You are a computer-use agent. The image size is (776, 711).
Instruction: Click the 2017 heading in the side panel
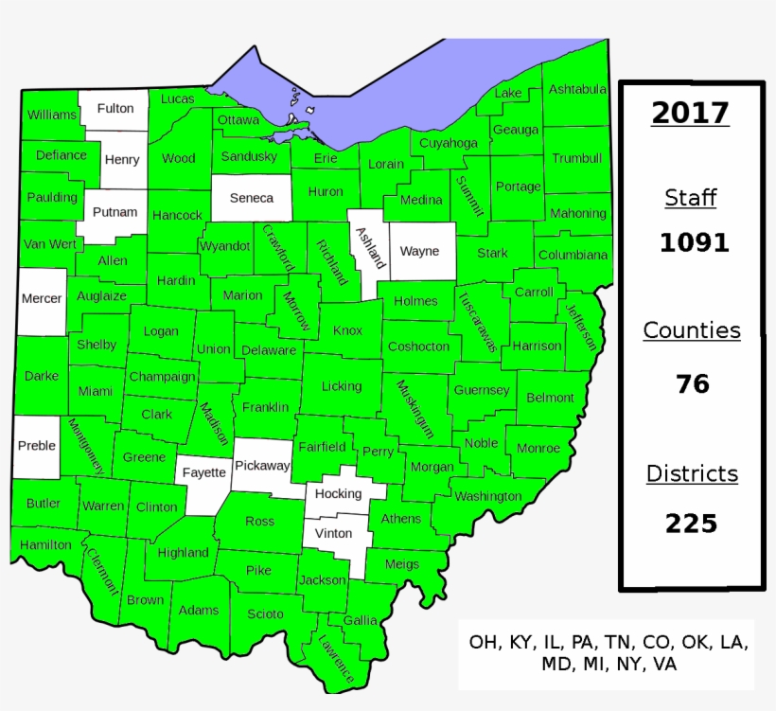[x=690, y=114]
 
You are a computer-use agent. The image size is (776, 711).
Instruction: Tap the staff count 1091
[x=694, y=243]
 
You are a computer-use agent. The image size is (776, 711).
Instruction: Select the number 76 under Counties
[x=693, y=384]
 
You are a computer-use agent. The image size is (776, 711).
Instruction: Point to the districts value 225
[x=691, y=523]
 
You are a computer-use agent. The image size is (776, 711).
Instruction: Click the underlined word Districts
[x=692, y=473]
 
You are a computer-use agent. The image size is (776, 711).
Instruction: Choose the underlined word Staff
[x=691, y=198]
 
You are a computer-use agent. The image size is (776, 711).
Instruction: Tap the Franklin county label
[x=265, y=408]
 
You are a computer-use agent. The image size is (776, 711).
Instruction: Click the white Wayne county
[x=419, y=252]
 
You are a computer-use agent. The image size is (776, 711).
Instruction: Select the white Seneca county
[x=252, y=198]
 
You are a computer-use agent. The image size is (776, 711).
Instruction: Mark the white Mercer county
[x=42, y=299]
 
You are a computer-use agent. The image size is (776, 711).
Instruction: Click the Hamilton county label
[x=45, y=545]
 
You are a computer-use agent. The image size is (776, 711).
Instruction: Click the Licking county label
[x=341, y=386]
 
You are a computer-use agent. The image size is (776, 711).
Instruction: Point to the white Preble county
[x=37, y=446]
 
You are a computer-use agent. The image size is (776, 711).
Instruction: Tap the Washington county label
[x=487, y=496]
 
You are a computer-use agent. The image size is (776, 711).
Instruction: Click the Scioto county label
[x=265, y=614]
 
